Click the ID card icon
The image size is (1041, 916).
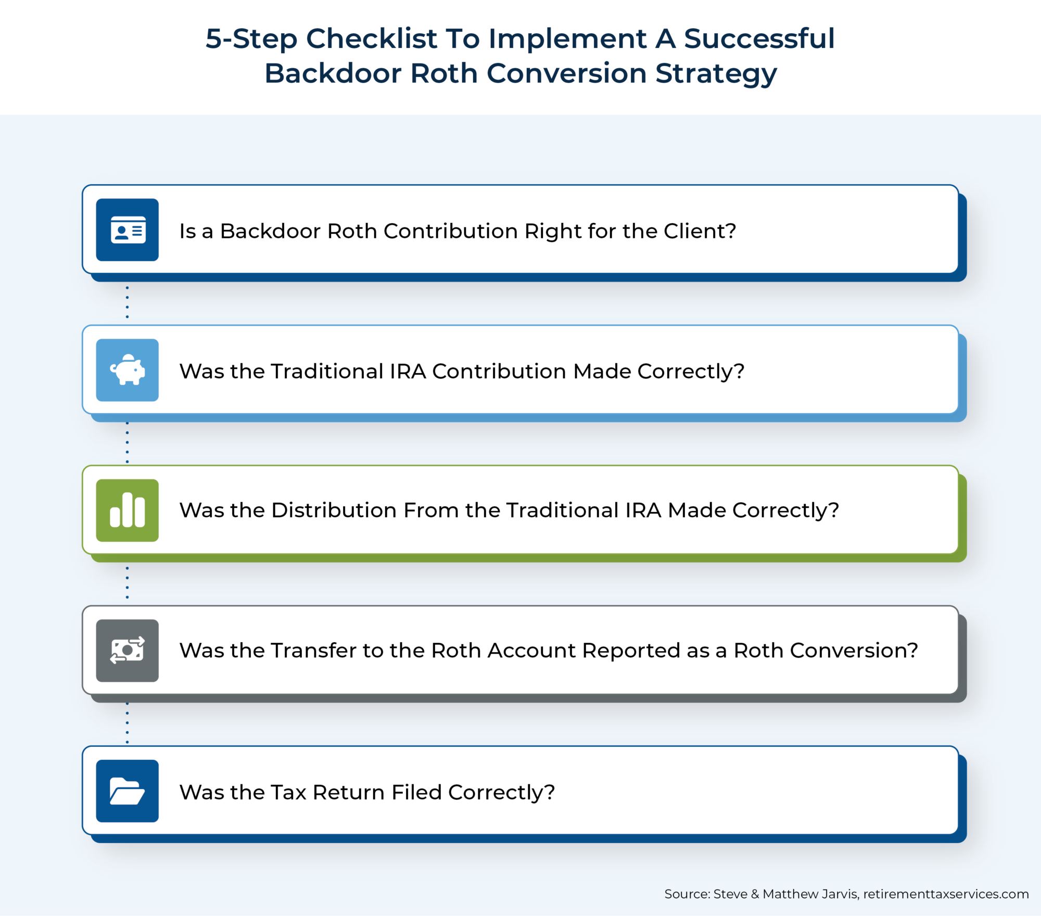tap(128, 230)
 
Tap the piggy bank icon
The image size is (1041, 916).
tap(128, 370)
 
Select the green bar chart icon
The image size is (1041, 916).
tap(128, 510)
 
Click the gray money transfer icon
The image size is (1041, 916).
tap(128, 651)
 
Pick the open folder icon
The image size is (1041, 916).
tap(128, 791)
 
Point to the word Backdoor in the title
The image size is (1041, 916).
tap(333, 73)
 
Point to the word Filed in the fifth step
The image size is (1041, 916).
tap(416, 792)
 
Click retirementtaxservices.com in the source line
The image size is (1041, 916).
tap(946, 894)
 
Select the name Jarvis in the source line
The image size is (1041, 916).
tap(840, 894)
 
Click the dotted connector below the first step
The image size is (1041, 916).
tap(127, 302)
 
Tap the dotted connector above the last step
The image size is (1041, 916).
tap(127, 723)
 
